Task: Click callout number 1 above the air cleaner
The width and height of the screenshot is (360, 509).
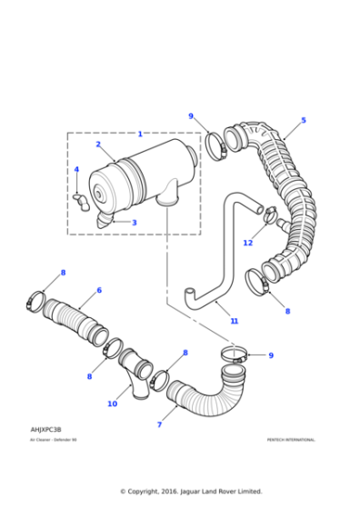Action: point(140,134)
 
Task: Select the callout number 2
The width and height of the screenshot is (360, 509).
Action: point(98,145)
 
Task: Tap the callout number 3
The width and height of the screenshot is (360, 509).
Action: point(134,223)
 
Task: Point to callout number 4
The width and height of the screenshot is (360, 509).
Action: point(76,170)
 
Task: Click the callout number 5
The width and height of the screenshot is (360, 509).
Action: point(304,120)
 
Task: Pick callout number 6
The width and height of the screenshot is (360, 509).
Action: point(99,291)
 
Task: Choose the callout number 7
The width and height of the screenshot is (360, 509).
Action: point(159,424)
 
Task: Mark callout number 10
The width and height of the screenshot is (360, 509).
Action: point(112,404)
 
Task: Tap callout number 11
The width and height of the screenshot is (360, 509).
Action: point(234,321)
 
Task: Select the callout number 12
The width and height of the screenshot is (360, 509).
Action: point(247,243)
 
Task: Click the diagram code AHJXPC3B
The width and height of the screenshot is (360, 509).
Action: point(45,429)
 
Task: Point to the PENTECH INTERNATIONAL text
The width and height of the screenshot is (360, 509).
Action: point(291,440)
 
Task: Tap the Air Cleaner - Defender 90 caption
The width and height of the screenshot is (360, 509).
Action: point(53,440)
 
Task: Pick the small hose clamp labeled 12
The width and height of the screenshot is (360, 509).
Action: point(270,215)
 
